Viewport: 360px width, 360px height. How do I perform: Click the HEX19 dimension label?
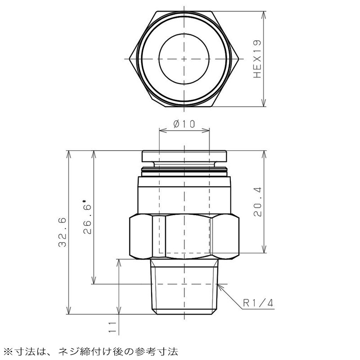click(257, 59)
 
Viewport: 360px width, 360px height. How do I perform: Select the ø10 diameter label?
click(184, 124)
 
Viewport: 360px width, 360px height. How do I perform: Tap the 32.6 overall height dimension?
click(62, 232)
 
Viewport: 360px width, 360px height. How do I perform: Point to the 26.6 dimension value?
click(87, 220)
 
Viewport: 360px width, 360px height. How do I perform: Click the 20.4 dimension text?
click(257, 202)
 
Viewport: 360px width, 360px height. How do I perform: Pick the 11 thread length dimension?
click(112, 327)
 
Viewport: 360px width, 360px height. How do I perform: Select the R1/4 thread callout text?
click(258, 303)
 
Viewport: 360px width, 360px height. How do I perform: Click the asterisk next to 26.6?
click(84, 202)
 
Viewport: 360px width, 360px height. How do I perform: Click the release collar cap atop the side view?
click(184, 156)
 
